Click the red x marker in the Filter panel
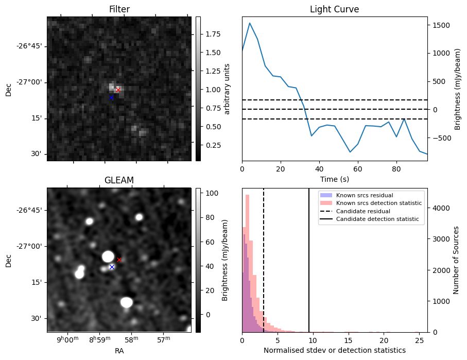[118, 90]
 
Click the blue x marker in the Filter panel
[111, 97]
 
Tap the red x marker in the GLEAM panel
[119, 260]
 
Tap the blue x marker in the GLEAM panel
[112, 267]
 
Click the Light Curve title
[334, 9]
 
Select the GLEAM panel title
[119, 180]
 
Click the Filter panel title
[119, 9]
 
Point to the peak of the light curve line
[250, 23]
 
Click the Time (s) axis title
[334, 178]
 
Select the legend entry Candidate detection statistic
[377, 219]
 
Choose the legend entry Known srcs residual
[365, 195]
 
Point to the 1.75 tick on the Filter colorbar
[213, 34]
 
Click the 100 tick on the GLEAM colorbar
[211, 193]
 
